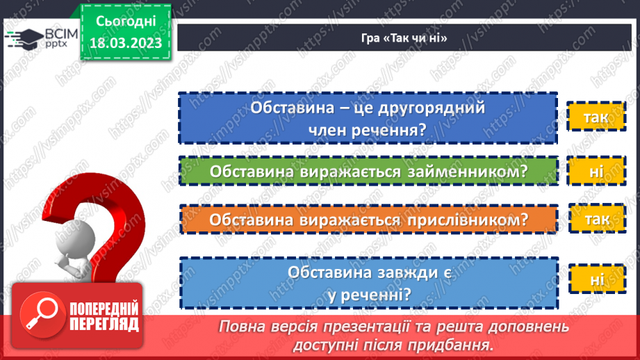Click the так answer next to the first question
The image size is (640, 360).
(596, 117)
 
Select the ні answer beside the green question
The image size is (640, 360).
(596, 171)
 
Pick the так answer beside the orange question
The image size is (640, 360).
(597, 220)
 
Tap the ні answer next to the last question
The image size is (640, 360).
(597, 280)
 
